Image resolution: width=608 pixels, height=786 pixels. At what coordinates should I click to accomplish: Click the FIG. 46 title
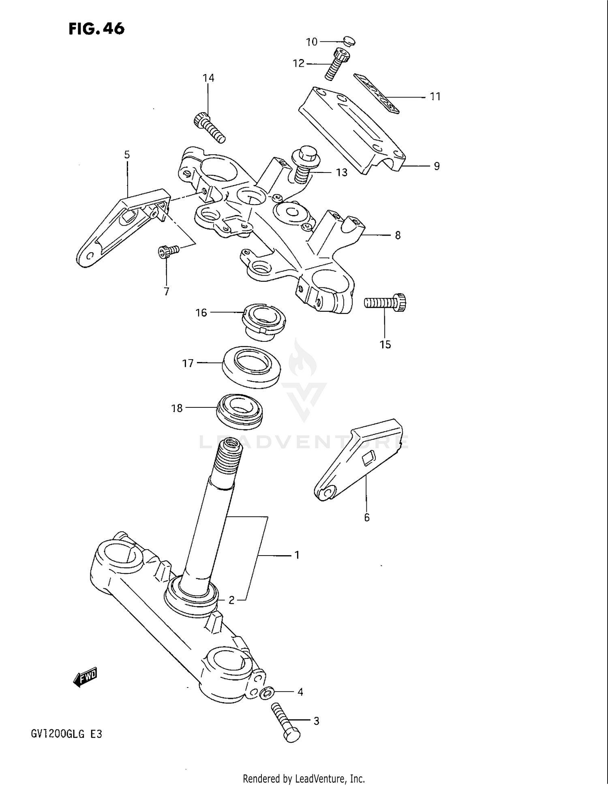(x=96, y=29)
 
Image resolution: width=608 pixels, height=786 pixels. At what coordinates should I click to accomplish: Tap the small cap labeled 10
(x=349, y=40)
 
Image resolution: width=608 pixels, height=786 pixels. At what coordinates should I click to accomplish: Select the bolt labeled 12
(x=337, y=64)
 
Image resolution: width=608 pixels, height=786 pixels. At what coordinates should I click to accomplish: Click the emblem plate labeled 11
(x=376, y=93)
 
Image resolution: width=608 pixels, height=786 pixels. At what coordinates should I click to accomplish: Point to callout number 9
(x=437, y=166)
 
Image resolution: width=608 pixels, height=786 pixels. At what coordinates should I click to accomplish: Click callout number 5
(x=127, y=155)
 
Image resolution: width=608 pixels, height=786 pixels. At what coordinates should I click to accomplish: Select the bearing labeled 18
(x=239, y=411)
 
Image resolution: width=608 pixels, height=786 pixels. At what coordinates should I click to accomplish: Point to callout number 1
(x=297, y=555)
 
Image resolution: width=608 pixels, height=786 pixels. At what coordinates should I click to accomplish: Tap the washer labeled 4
(x=266, y=692)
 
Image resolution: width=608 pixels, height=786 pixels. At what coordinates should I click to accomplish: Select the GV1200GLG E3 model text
(x=66, y=734)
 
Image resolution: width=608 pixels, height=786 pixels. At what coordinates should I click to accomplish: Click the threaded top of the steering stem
(x=230, y=458)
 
